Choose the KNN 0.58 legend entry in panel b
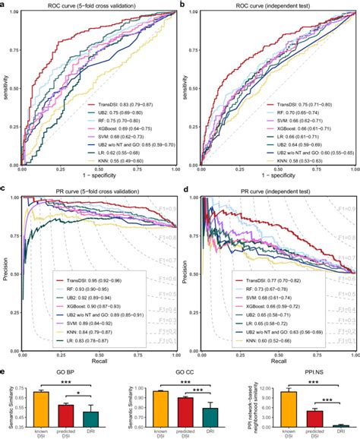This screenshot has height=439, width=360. pos(295,160)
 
